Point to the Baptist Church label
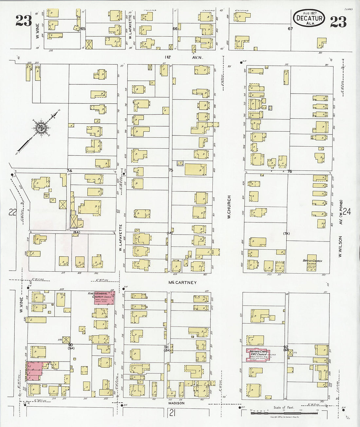312,261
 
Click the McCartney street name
182,282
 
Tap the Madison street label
176,403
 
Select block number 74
69,171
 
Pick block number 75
171,170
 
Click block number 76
289,171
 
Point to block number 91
167,347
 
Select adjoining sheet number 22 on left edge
12,212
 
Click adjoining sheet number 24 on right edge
347,212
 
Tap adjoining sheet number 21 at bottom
173,414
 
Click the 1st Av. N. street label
184,57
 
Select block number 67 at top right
290,29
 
